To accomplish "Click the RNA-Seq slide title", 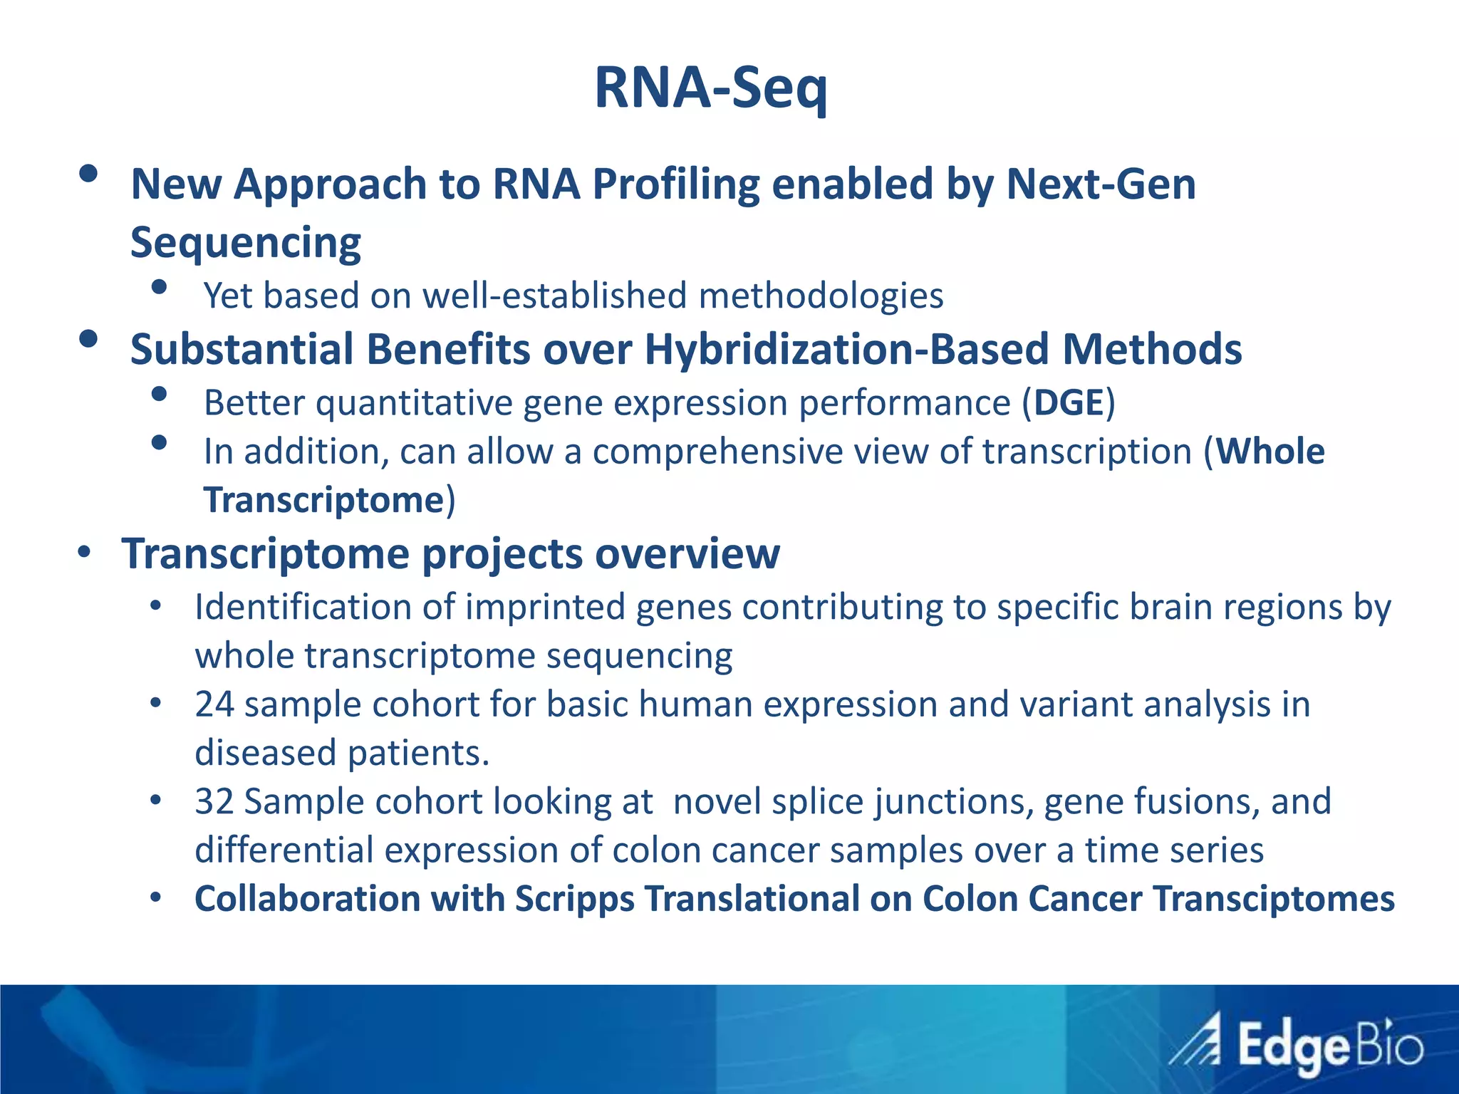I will coord(711,88).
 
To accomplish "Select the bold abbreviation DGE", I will coord(1069,403).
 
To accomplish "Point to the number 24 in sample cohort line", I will coord(214,704).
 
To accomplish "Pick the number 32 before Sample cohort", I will coord(214,801).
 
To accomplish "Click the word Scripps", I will coord(574,899).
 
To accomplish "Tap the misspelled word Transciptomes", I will coord(1274,899).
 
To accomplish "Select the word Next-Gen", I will coord(1101,184).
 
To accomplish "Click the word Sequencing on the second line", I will coord(246,244).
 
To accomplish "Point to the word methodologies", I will coord(821,296).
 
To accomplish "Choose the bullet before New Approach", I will coord(88,174).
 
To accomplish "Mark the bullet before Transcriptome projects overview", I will coord(85,553).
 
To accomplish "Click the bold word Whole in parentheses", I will coord(1270,452).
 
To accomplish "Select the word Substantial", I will coord(242,350).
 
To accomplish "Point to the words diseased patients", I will coord(342,753).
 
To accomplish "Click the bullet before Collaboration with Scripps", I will coord(156,897).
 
